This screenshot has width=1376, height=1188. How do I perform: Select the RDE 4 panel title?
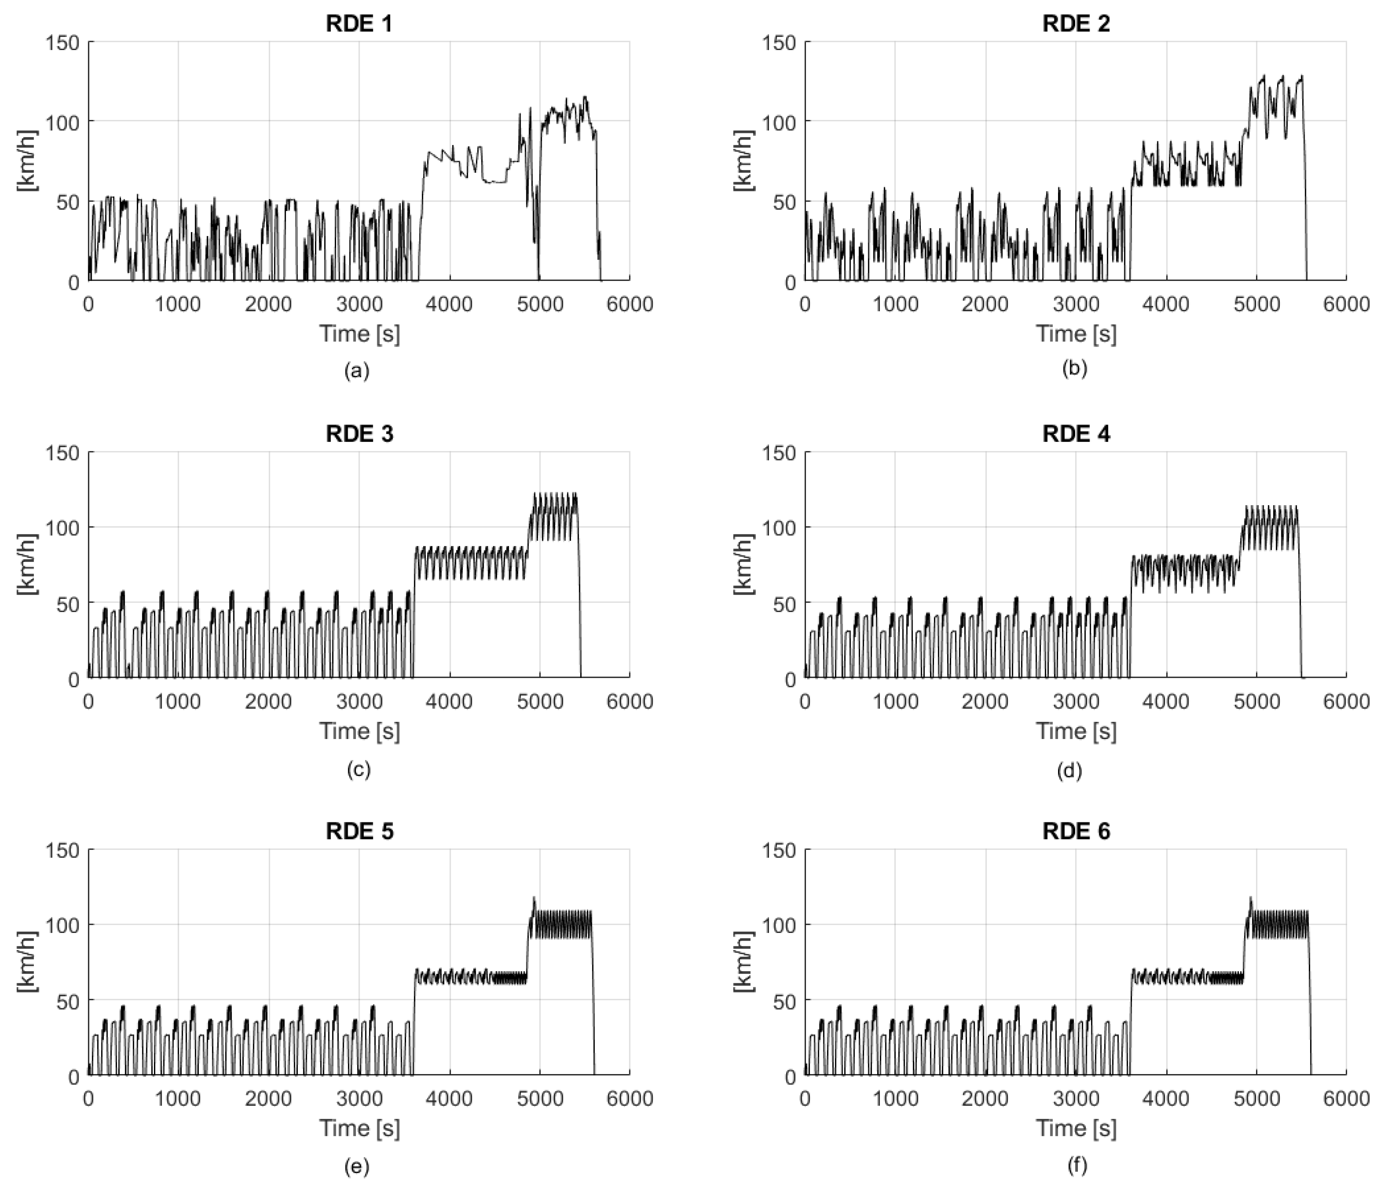click(x=1076, y=434)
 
